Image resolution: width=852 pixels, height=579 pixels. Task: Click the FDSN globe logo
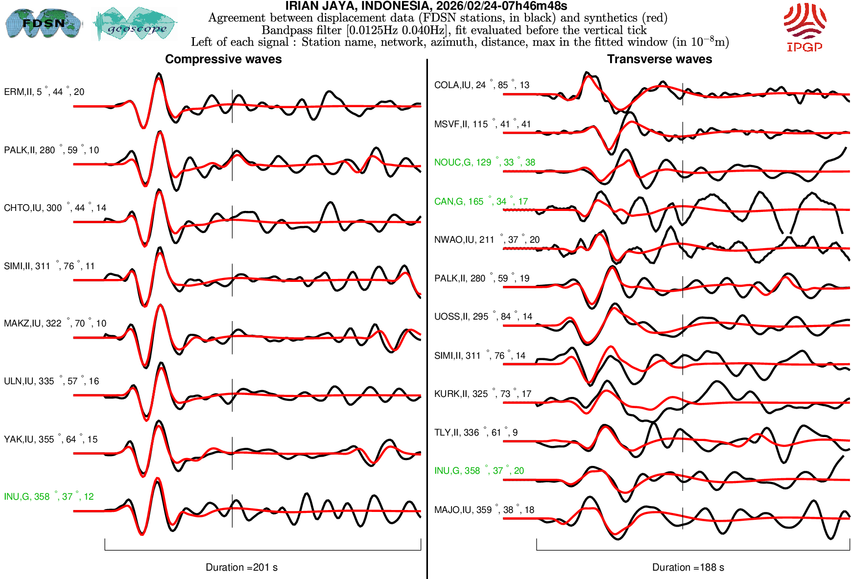43,23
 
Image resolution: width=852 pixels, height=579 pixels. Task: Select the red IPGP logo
805,27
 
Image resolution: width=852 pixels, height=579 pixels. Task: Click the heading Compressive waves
223,59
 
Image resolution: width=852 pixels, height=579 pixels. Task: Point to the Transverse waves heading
660,59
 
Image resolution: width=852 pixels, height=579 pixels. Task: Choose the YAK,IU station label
50,440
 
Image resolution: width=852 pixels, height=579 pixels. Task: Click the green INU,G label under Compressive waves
48,497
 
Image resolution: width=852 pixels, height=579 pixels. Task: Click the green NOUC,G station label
484,162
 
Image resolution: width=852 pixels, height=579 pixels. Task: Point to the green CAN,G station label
481,202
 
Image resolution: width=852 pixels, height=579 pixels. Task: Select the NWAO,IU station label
487,240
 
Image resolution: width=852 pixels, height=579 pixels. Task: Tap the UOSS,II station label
483,317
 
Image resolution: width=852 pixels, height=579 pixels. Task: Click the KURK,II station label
482,394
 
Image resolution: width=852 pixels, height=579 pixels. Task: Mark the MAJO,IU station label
484,510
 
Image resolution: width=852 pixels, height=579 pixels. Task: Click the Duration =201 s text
241,567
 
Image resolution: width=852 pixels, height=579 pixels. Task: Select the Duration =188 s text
688,567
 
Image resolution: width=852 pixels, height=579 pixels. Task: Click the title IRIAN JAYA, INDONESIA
426,6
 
